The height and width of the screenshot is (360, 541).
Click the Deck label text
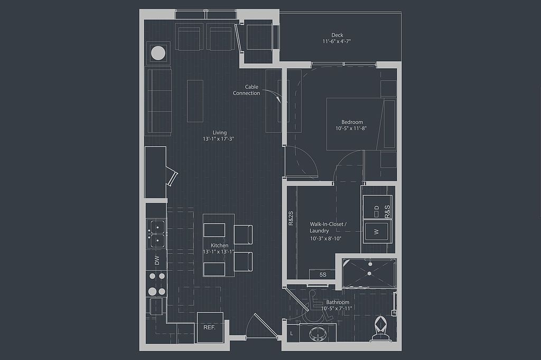click(x=337, y=35)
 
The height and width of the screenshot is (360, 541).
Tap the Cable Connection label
click(x=247, y=90)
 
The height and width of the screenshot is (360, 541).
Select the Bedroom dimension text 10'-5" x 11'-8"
click(x=351, y=128)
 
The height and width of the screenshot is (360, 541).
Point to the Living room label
click(x=219, y=132)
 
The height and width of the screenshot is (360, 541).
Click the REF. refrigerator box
click(x=210, y=327)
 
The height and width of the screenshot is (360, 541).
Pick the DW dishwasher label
click(x=157, y=260)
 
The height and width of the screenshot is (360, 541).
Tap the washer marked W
click(x=376, y=231)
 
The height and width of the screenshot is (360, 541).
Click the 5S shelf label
click(x=323, y=274)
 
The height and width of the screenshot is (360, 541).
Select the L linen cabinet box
click(x=292, y=334)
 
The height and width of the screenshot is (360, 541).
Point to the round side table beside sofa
click(x=158, y=53)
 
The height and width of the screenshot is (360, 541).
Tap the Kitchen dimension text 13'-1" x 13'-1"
click(x=219, y=252)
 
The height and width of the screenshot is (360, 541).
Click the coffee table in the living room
click(x=195, y=100)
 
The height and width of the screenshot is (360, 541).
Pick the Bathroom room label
click(x=337, y=302)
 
